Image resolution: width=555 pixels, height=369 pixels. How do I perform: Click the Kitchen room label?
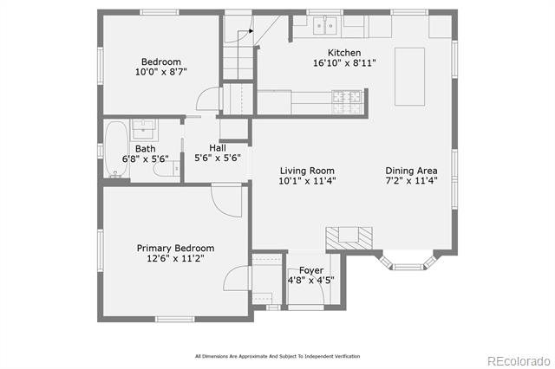point(344,53)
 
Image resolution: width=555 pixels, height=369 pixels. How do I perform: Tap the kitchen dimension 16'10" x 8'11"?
point(344,63)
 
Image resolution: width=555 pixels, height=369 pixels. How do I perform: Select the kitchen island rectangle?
point(409,77)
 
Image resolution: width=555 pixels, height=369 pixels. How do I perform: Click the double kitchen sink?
point(324,26)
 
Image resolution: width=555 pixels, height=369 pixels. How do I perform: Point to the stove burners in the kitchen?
point(347,102)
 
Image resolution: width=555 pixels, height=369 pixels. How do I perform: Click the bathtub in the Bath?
point(116,149)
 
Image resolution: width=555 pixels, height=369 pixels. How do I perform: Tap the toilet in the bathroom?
point(167,169)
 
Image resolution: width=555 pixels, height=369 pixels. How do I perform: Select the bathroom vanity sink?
point(143,129)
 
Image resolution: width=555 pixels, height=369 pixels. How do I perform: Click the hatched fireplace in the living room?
point(349,238)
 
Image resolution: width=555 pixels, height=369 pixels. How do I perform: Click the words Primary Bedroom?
point(175,248)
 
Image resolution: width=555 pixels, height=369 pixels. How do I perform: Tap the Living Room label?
point(307,171)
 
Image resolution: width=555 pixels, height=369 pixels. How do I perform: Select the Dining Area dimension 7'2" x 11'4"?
point(411,181)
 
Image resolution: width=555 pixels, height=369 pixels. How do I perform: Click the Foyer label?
point(311,270)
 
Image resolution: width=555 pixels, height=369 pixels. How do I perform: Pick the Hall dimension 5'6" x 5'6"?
point(218,158)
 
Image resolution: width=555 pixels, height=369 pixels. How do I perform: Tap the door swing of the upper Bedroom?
point(206,99)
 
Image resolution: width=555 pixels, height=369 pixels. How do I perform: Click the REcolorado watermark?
point(519,361)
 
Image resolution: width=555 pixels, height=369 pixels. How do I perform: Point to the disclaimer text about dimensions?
point(277,356)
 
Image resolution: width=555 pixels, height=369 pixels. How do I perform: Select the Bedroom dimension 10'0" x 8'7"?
point(161,72)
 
